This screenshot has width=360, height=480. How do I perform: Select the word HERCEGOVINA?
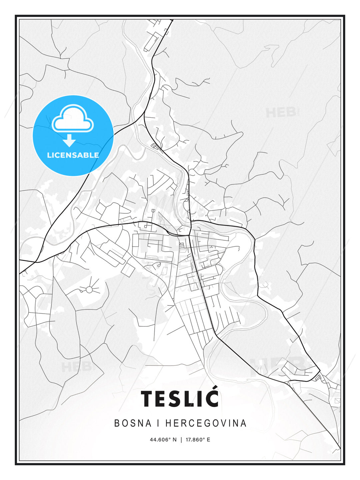(206, 423)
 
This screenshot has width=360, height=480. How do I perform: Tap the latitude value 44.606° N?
(163, 440)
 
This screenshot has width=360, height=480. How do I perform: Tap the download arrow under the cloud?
(69, 140)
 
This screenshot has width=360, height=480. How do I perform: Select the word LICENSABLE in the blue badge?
(73, 155)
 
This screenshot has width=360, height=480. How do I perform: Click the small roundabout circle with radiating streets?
(89, 289)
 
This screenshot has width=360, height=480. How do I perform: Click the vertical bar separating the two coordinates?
(181, 440)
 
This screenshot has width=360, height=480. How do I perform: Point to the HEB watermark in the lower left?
(76, 367)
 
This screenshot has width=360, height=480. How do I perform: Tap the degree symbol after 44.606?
(169, 438)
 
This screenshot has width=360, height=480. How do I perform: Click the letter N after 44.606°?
(174, 440)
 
